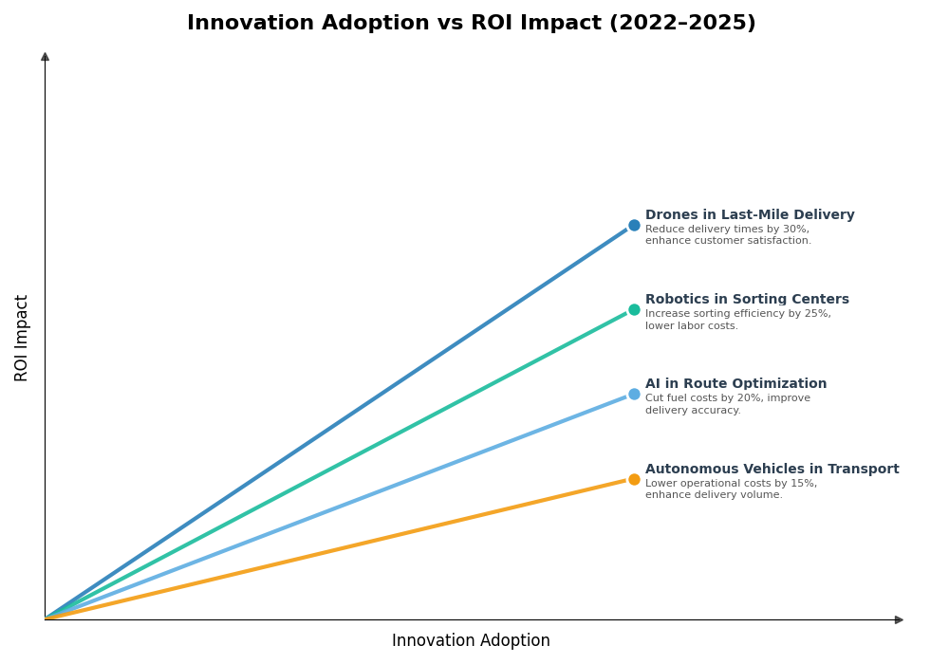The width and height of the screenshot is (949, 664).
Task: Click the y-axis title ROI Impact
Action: click(x=22, y=338)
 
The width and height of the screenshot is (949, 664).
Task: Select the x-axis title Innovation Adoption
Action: click(x=471, y=641)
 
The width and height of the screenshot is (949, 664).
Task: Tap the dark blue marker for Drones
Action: click(x=634, y=226)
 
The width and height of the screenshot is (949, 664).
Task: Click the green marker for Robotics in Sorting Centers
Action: click(x=634, y=310)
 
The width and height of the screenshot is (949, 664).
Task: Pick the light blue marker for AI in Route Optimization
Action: click(x=634, y=395)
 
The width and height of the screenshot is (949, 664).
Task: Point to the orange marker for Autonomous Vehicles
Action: click(x=634, y=480)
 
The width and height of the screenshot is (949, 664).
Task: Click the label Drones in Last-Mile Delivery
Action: click(x=750, y=215)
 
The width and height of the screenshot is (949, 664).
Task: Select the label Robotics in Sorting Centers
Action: click(x=747, y=300)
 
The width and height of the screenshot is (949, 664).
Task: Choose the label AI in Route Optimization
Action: click(x=735, y=384)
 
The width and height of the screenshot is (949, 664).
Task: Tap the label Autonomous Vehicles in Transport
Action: click(x=772, y=470)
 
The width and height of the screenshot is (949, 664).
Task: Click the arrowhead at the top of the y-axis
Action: click(x=45, y=57)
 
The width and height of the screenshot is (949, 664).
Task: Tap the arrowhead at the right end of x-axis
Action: click(x=899, y=620)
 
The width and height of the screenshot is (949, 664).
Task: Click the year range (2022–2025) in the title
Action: click(x=682, y=24)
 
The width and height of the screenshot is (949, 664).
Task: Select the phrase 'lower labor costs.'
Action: click(x=692, y=326)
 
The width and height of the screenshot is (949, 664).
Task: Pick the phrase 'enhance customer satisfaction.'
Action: click(x=728, y=241)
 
